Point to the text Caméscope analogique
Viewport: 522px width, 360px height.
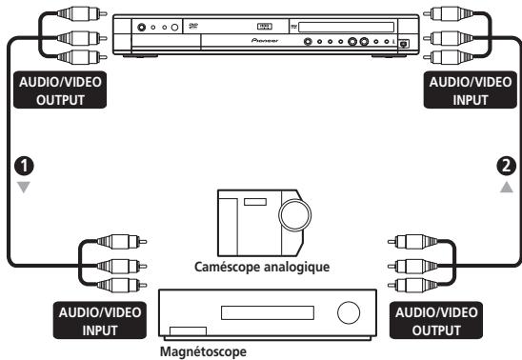point(260,268)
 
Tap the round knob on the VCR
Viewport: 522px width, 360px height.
point(349,311)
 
